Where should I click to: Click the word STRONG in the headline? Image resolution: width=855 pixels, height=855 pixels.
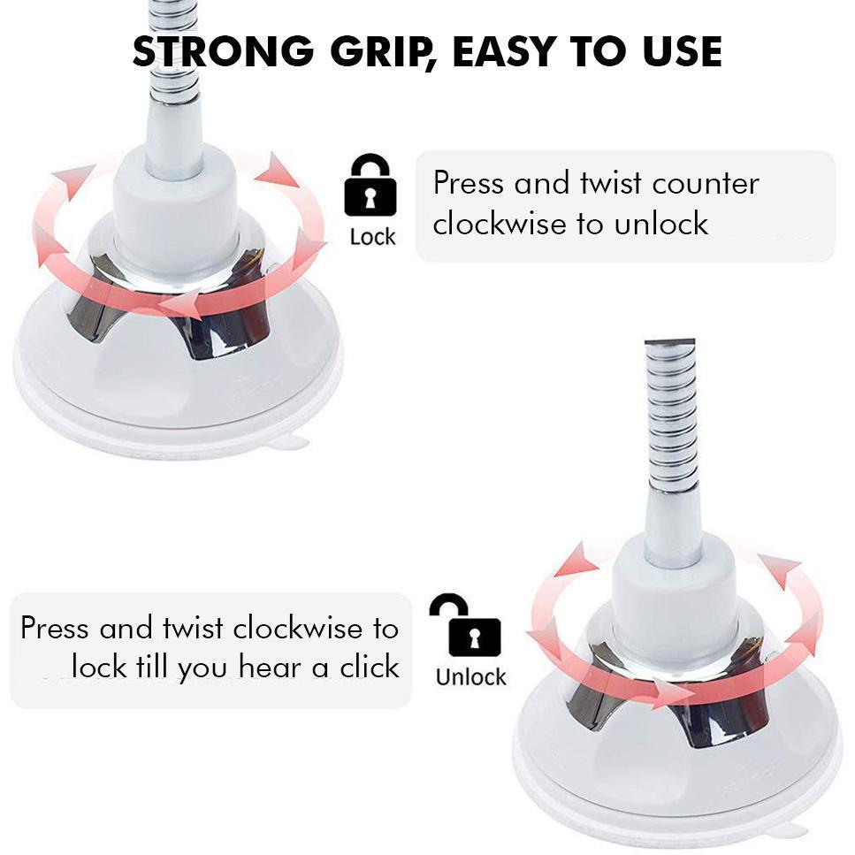224,51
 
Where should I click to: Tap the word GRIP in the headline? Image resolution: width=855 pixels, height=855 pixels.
381,52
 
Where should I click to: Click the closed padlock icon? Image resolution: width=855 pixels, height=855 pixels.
370,185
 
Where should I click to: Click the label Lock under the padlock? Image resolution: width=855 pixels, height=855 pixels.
372,237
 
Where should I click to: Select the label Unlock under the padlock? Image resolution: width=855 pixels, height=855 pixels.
470,677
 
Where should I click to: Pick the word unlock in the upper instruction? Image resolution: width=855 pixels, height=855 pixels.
661,224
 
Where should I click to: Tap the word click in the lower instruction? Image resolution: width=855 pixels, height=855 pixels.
370,668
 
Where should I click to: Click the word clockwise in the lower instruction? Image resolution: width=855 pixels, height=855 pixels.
297,628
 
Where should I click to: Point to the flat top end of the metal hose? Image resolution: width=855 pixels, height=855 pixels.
669,342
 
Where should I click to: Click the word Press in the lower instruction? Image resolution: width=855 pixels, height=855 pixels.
54,628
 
